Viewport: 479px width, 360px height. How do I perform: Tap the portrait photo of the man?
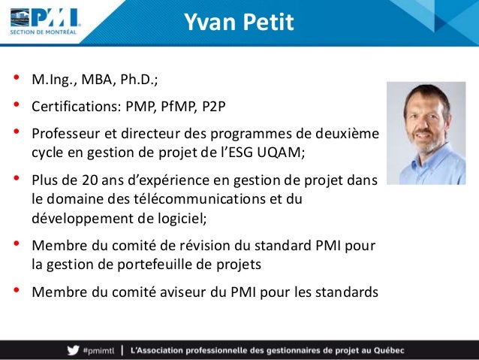click(426, 133)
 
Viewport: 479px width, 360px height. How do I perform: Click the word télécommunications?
click(206, 199)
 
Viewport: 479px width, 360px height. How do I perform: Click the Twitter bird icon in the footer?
click(72, 349)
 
